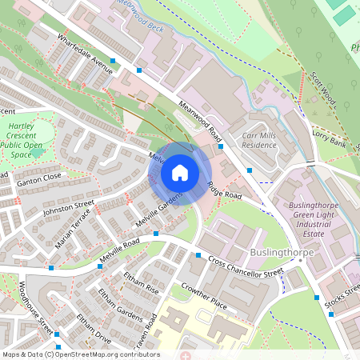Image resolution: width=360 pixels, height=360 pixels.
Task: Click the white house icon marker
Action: pos(180,172)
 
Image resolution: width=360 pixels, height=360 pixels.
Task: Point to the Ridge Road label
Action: pos(224,190)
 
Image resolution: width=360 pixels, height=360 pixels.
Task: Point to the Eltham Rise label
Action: pos(141,285)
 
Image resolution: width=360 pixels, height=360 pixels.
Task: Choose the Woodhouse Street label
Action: pos(35,307)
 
